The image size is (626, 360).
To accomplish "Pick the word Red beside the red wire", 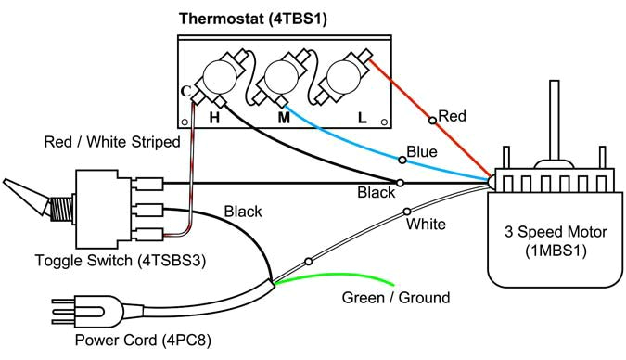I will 452,116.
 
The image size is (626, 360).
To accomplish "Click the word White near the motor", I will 426,224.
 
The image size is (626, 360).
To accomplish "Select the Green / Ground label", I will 396,298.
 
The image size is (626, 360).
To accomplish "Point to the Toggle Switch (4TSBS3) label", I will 120,261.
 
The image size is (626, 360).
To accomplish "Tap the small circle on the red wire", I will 431,120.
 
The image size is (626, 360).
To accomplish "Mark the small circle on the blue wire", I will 401,160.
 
